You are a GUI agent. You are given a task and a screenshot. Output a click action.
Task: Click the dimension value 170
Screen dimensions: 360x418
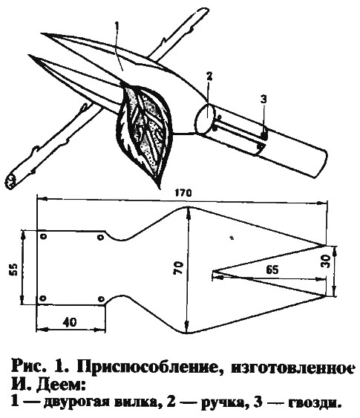click(184, 193)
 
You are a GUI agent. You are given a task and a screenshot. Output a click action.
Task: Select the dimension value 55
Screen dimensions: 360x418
click(13, 270)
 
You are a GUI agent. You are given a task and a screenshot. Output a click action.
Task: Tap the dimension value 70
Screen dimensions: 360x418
click(178, 268)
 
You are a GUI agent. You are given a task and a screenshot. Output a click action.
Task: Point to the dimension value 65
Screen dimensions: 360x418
click(272, 270)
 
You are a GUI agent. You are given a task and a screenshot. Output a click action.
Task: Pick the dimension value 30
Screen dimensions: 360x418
click(326, 262)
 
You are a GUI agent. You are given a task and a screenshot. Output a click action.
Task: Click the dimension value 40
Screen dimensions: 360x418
click(70, 322)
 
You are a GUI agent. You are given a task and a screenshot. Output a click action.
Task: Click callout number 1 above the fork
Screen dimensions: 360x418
click(117, 27)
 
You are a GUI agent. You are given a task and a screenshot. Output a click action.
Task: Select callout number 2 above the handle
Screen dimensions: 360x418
click(209, 76)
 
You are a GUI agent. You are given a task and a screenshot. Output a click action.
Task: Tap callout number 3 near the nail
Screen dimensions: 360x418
click(264, 99)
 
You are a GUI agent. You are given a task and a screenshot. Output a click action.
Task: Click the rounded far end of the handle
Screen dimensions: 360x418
click(323, 163)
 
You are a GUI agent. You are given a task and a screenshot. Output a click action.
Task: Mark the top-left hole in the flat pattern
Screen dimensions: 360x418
click(44, 237)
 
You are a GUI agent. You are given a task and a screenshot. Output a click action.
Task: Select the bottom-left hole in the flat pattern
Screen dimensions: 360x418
click(43, 298)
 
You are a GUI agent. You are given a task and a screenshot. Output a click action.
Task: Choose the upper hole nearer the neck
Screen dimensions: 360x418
click(100, 238)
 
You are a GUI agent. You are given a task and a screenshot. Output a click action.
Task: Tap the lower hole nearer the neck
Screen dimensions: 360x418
click(101, 299)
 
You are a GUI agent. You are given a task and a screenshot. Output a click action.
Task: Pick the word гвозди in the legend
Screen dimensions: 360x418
click(315, 402)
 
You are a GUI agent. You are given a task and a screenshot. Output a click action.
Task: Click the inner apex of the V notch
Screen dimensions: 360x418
click(212, 272)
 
